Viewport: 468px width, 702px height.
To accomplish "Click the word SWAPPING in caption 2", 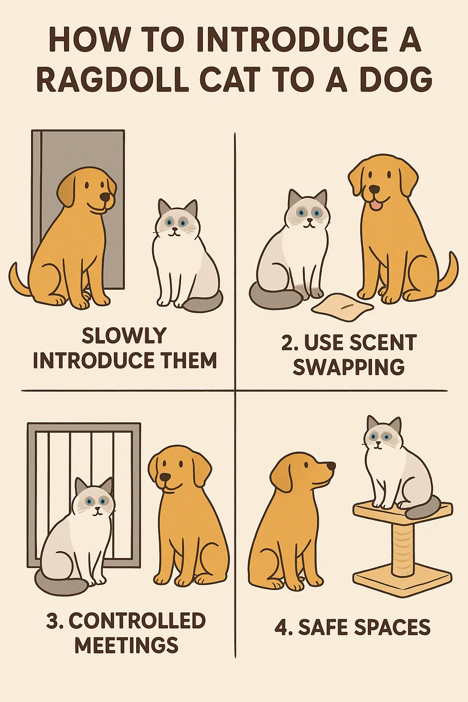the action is pos(348,367).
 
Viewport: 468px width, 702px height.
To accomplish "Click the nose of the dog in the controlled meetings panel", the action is pos(165,478).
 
